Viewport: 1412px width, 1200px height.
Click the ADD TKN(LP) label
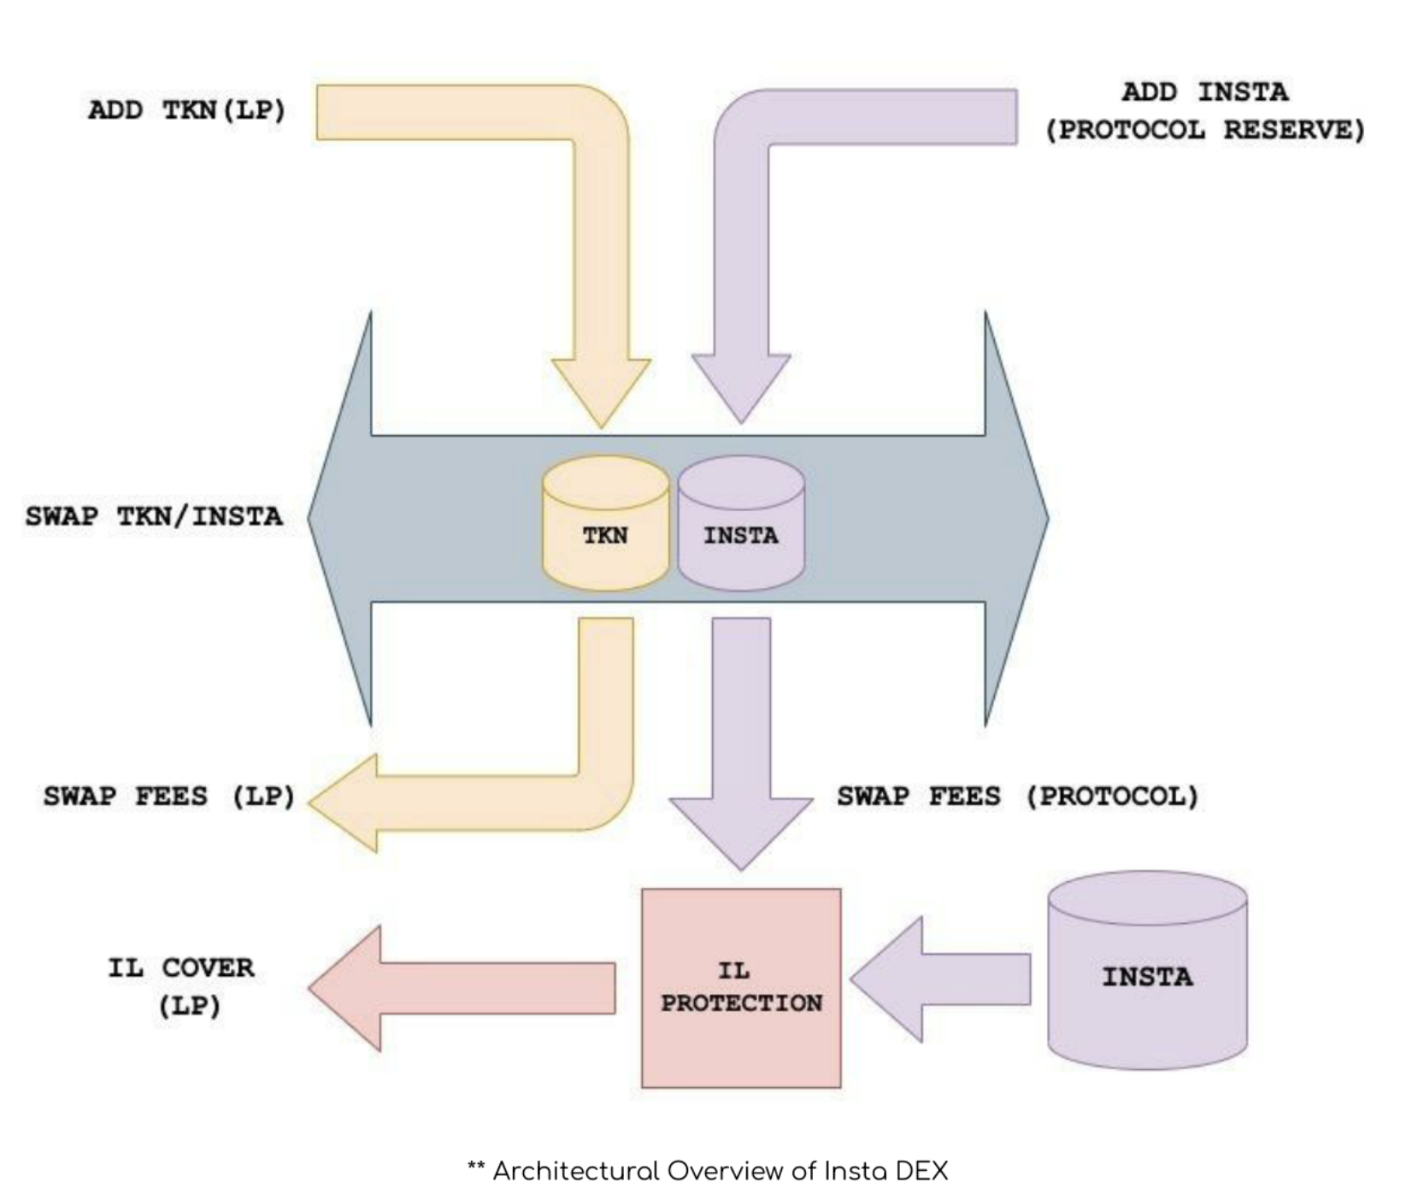click(x=186, y=110)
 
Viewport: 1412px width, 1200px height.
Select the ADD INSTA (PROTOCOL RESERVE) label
click(x=1205, y=111)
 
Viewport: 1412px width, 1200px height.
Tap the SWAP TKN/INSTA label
click(x=154, y=516)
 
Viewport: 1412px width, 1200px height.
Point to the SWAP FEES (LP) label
click(x=169, y=797)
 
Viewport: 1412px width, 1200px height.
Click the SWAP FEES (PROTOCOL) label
click(x=1018, y=797)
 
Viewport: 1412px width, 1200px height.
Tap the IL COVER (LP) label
click(x=181, y=986)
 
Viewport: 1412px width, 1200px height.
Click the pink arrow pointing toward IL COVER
click(x=462, y=988)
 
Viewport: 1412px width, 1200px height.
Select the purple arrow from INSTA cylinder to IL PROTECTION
click(x=940, y=979)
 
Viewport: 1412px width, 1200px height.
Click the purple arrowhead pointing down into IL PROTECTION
click(x=741, y=832)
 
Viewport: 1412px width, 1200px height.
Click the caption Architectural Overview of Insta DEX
click(x=708, y=1170)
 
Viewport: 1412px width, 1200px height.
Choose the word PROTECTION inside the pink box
click(x=741, y=1003)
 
